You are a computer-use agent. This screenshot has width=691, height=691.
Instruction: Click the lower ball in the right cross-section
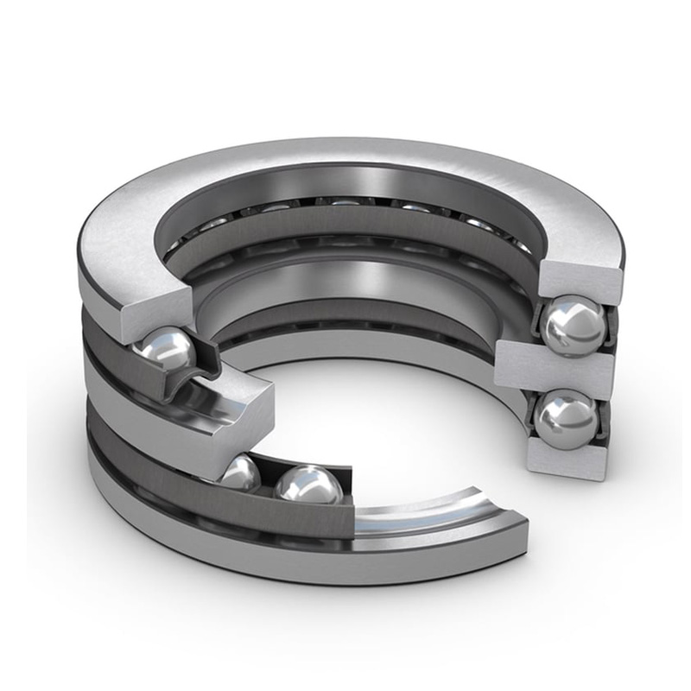point(566,418)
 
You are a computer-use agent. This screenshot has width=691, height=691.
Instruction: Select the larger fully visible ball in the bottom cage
point(309,486)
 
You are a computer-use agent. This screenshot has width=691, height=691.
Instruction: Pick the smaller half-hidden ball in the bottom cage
point(241,472)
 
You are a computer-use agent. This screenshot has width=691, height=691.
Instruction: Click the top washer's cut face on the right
point(580,281)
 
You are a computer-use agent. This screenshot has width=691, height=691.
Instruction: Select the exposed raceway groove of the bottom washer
point(432,510)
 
